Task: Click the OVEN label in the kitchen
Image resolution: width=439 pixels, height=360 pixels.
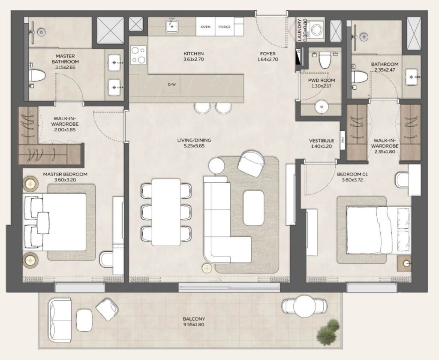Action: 205,27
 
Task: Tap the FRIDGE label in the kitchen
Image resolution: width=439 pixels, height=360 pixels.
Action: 224,27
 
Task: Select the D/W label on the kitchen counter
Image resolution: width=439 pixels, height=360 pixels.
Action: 172,85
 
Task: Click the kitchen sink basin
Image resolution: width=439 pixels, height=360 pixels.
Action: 172,26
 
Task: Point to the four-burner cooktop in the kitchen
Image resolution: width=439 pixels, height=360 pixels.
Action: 138,55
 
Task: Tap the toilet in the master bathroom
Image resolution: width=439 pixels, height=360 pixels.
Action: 37,76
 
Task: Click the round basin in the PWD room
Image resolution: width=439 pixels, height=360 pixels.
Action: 321,106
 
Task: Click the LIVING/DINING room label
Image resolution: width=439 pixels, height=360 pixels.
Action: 194,143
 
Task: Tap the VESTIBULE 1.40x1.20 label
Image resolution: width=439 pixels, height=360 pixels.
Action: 322,143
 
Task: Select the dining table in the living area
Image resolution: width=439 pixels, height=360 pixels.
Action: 166,212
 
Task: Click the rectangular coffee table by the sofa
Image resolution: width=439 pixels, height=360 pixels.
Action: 253,208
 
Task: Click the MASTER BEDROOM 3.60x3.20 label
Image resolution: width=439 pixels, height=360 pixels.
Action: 65,177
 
